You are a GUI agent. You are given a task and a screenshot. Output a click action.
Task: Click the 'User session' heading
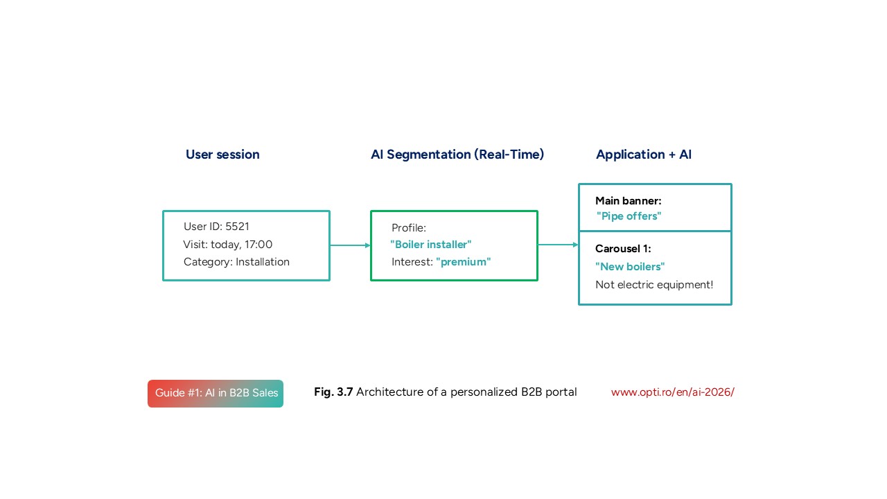click(222, 155)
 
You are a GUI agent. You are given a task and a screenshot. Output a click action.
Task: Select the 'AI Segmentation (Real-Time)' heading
click(457, 155)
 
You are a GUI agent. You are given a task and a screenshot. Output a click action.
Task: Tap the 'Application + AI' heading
click(644, 155)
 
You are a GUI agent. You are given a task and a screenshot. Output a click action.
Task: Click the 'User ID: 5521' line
click(216, 227)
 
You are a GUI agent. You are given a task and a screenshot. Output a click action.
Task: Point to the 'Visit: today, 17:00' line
click(228, 245)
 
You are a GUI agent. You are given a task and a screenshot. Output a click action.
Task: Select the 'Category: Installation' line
click(236, 262)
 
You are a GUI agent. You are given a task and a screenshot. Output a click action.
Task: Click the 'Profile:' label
click(409, 228)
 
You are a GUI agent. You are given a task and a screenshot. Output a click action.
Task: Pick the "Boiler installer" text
click(430, 245)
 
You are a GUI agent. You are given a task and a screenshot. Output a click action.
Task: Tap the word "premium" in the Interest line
click(463, 262)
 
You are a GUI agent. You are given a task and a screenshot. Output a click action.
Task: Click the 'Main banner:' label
click(629, 201)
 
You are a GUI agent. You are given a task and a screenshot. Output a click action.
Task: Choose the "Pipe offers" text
click(629, 216)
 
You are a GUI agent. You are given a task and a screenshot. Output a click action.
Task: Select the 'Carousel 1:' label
click(623, 249)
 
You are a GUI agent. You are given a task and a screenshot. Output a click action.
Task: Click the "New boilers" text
click(630, 267)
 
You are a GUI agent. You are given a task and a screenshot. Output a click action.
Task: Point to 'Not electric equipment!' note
click(654, 285)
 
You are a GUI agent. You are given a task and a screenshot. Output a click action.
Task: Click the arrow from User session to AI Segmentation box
click(350, 245)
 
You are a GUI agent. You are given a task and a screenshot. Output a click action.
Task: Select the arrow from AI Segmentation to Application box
click(558, 245)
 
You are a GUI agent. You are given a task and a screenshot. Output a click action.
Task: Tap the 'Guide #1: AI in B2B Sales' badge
click(216, 394)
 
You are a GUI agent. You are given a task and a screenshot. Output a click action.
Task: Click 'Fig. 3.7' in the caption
click(333, 392)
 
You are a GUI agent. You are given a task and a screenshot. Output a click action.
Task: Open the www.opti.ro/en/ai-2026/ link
click(672, 392)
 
